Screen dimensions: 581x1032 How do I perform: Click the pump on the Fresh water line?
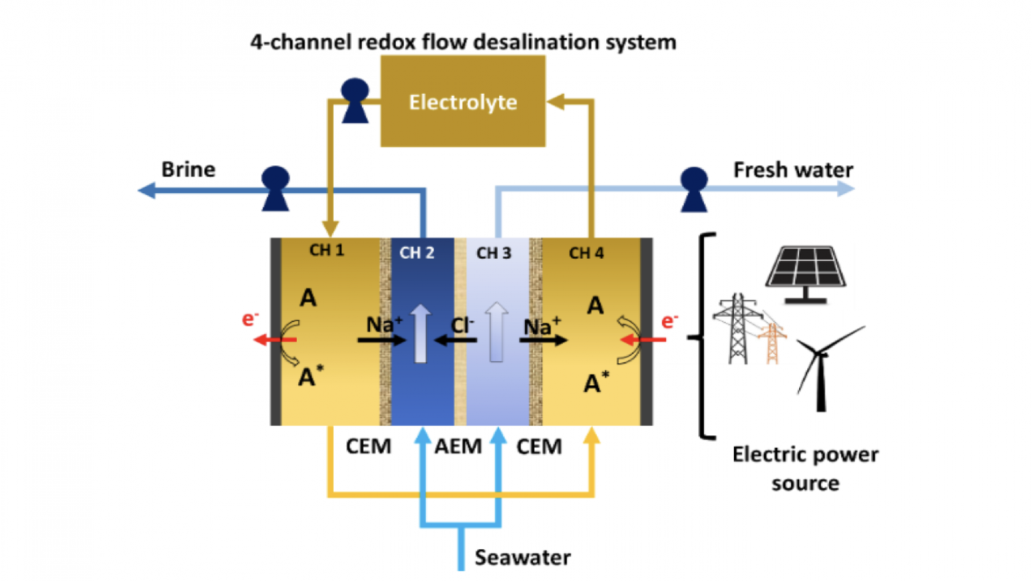[x=693, y=189]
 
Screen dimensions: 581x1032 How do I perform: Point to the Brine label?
[x=188, y=170]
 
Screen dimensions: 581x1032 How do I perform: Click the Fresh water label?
[x=793, y=170]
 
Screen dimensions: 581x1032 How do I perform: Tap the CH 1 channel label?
[x=326, y=250]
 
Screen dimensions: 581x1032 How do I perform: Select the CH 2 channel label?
[x=417, y=253]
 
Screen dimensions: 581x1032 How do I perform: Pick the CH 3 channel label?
[x=493, y=253]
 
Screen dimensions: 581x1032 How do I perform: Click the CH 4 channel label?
[x=586, y=253]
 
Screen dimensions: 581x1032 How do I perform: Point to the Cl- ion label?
[x=462, y=325]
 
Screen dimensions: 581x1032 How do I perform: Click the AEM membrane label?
[x=458, y=447]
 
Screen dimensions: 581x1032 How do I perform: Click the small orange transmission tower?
[x=772, y=344]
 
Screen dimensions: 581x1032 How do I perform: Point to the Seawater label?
[x=522, y=557]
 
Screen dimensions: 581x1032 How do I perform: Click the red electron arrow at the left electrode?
[x=274, y=340]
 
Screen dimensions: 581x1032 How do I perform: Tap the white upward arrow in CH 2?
[x=420, y=333]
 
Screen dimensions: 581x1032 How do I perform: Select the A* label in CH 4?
[x=596, y=382]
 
